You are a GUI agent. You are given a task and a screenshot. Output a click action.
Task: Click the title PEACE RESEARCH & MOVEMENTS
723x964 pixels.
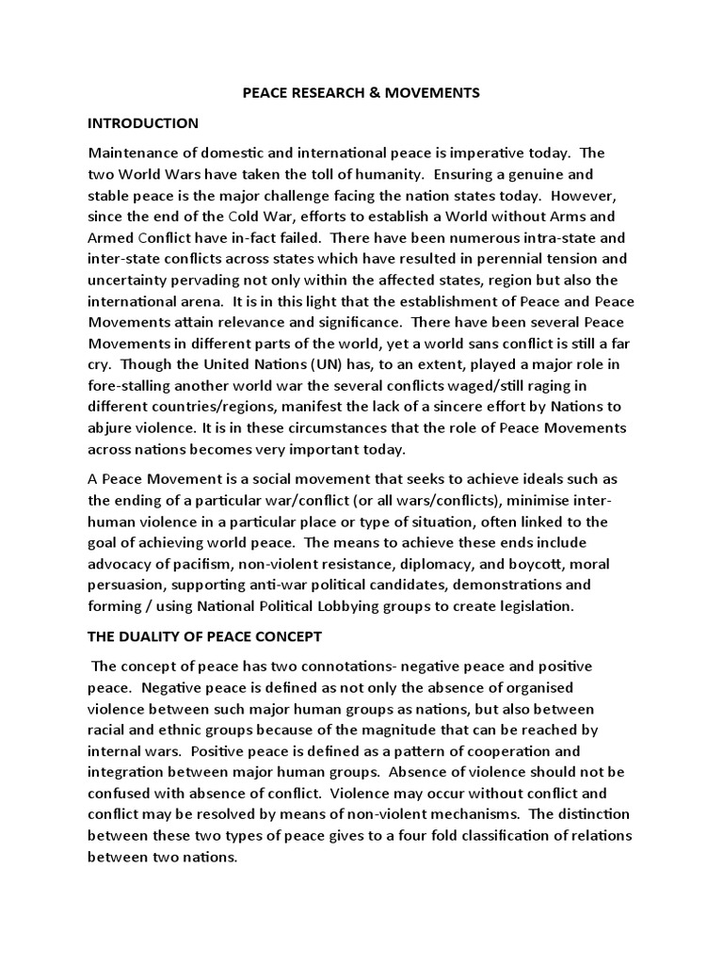[x=361, y=92]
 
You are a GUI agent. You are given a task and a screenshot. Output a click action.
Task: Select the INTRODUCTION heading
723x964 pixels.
[x=143, y=123]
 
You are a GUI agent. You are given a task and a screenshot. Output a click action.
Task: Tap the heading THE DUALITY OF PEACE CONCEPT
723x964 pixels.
[x=204, y=636]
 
